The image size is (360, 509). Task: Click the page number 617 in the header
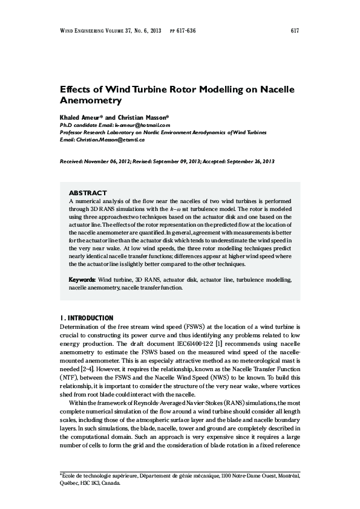[x=295, y=30]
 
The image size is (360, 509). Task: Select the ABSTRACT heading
[x=88, y=192]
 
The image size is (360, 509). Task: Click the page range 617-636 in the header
[x=186, y=30]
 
